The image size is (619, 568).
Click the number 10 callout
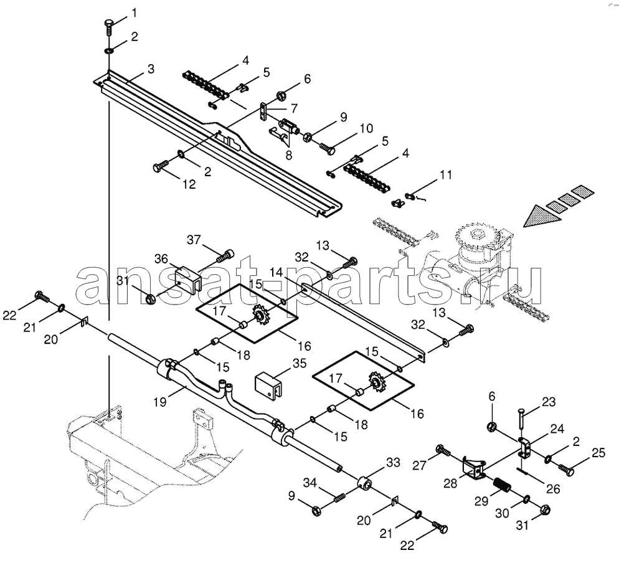coord(366,129)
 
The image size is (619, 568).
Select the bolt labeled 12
coord(160,166)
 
